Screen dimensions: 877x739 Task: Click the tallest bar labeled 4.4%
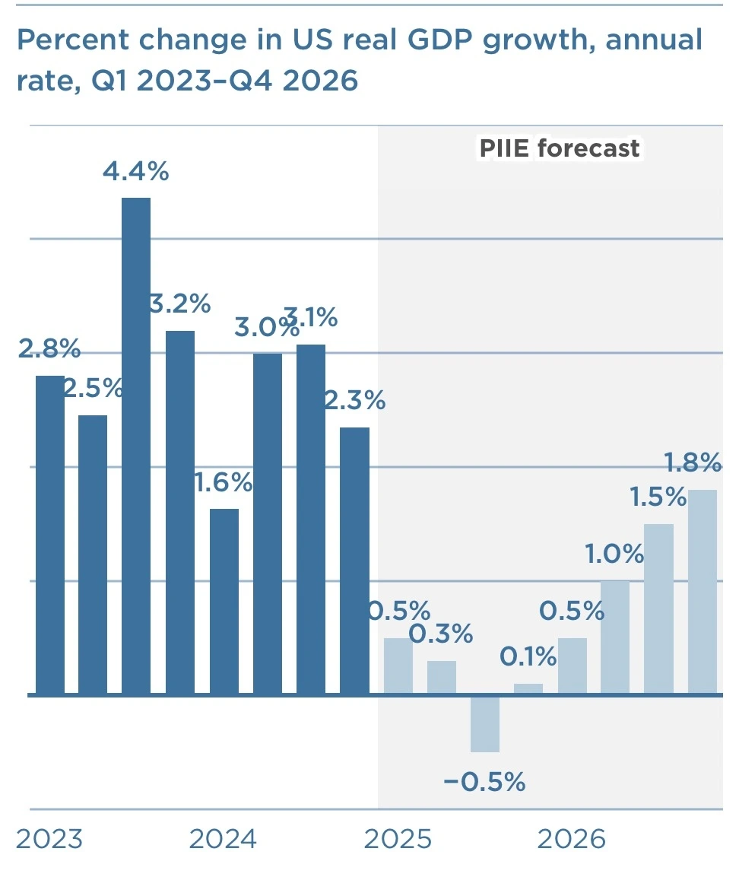[x=136, y=446]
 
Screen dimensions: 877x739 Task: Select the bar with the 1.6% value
[x=224, y=601]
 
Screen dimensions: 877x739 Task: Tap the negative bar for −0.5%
[x=485, y=723]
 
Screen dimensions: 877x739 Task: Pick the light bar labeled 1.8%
[x=703, y=592]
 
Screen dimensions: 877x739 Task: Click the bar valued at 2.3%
[x=354, y=561]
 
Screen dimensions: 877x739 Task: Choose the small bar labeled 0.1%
[x=528, y=689]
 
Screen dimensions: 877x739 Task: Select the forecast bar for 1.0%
[x=615, y=637]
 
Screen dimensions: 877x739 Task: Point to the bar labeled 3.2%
[x=180, y=512]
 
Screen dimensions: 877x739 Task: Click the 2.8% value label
[x=49, y=351]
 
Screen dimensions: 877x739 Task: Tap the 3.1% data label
[x=312, y=316]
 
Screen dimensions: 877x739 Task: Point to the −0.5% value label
[x=484, y=782]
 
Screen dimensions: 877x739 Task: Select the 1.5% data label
[x=658, y=497]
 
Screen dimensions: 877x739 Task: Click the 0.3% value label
[x=441, y=633]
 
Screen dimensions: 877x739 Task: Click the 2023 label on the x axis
[x=49, y=840]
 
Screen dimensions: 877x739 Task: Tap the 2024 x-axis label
[x=223, y=840]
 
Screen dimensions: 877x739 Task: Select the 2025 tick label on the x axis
[x=398, y=840]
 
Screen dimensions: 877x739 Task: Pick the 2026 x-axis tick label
[x=572, y=840]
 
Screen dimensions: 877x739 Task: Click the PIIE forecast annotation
[x=559, y=148]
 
